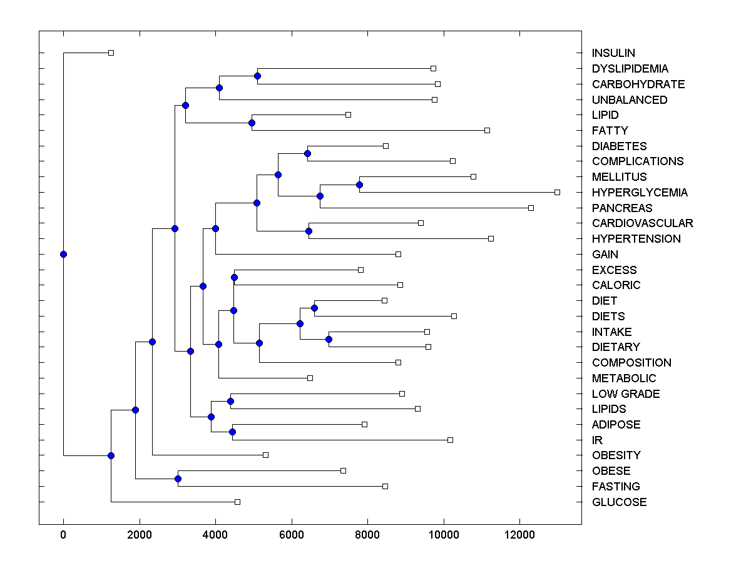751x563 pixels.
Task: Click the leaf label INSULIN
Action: click(613, 53)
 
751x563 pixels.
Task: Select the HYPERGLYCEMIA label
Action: click(640, 192)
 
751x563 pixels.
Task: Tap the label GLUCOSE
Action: click(619, 502)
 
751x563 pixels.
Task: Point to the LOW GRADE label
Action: click(626, 393)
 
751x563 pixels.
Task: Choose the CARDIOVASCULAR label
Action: click(642, 223)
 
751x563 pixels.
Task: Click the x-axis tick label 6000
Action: click(291, 534)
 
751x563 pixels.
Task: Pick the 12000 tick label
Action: click(519, 534)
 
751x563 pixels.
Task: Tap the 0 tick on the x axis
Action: click(63, 534)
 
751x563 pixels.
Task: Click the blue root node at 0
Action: click(63, 254)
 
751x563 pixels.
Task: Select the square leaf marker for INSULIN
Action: click(111, 53)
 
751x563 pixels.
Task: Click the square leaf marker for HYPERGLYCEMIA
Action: click(557, 192)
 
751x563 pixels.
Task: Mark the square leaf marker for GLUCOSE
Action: click(237, 502)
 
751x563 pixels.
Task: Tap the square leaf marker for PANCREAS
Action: click(531, 208)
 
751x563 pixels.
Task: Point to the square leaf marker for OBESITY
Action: click(265, 455)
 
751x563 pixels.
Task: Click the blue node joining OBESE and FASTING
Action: click(178, 479)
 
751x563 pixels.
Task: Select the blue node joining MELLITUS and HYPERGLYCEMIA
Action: click(359, 185)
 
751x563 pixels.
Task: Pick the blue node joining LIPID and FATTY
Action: click(252, 123)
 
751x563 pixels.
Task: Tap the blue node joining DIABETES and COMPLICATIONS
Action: click(307, 153)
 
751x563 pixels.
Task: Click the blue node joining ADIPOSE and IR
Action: click(232, 432)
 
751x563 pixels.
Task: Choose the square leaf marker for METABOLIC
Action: click(310, 378)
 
